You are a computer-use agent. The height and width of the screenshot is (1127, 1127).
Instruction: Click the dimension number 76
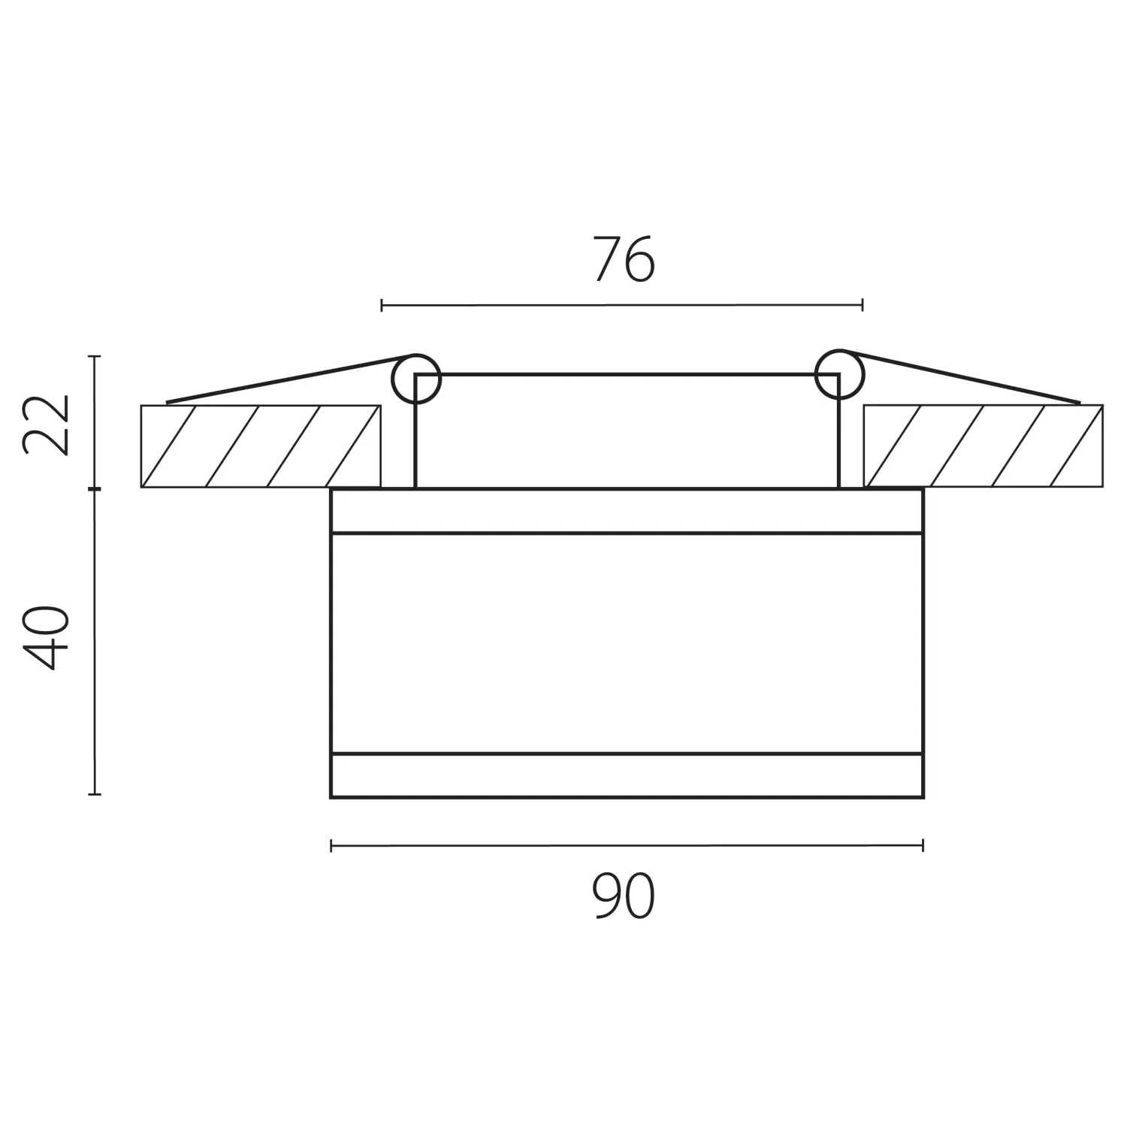[x=624, y=259]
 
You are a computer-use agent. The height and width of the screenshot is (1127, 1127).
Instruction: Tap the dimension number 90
[x=624, y=896]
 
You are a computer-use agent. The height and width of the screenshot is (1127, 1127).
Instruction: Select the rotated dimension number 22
[x=47, y=425]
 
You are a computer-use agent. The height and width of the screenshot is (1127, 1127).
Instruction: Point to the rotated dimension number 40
[x=47, y=637]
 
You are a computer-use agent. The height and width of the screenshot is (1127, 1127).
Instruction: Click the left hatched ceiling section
[x=261, y=446]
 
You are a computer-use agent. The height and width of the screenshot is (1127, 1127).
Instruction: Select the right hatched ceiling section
[x=983, y=446]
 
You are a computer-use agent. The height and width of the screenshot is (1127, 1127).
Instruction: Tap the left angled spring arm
[x=289, y=379]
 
